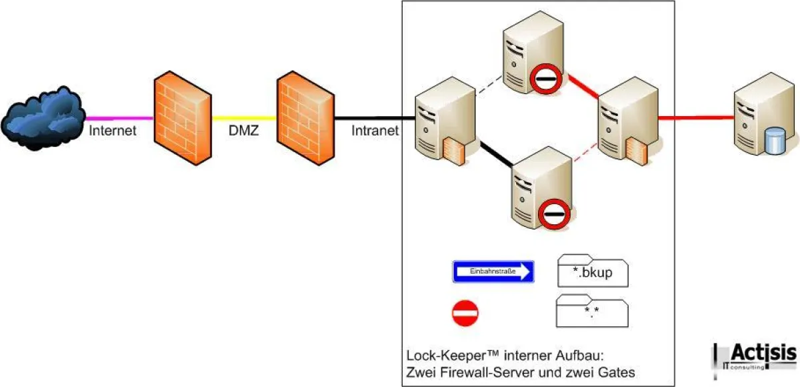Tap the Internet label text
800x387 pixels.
click(113, 131)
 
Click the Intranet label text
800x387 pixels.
click(375, 131)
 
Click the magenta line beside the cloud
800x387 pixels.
click(117, 118)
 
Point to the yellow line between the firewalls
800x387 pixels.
click(243, 119)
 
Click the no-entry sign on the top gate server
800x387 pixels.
click(546, 79)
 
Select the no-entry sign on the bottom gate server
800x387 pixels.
click(553, 214)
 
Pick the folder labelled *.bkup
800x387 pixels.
click(592, 271)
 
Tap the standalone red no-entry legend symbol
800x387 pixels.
click(465, 312)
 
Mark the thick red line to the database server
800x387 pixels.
click(693, 118)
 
